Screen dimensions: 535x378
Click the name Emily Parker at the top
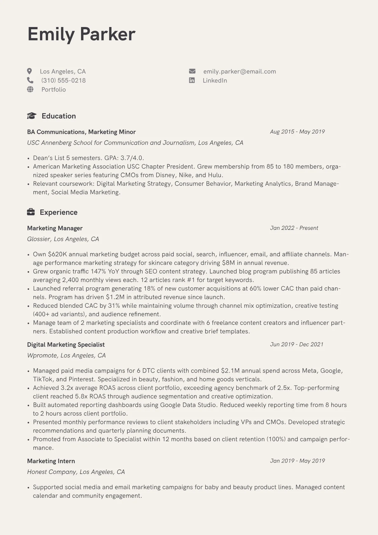[x=81, y=34]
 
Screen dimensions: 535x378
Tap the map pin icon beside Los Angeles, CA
[x=30, y=71]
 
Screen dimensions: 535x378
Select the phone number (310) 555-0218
[x=63, y=80]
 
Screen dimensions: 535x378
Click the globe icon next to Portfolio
[x=30, y=89]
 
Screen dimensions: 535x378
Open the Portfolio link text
[x=53, y=90]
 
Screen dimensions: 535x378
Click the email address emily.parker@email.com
[x=240, y=72]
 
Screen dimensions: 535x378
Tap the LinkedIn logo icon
[x=192, y=80]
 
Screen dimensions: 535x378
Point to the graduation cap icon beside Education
[x=31, y=116]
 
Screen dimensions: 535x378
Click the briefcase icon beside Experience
[x=31, y=212]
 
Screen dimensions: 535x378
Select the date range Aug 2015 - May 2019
[x=297, y=132]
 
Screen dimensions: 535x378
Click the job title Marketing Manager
[x=55, y=228]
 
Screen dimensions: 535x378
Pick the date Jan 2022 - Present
[x=294, y=228]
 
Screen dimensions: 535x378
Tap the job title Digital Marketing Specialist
[x=66, y=345]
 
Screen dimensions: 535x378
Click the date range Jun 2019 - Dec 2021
[x=297, y=344]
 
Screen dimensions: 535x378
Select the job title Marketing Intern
[x=51, y=461]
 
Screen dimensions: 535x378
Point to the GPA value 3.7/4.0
[x=132, y=158]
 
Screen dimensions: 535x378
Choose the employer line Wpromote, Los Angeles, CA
[x=66, y=355]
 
